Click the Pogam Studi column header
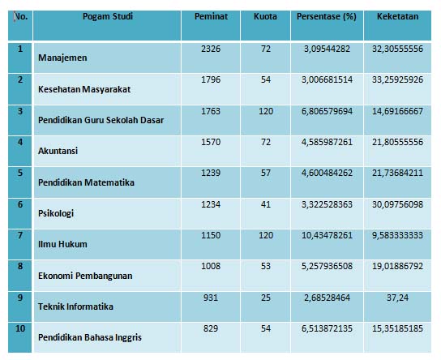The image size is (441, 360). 108,17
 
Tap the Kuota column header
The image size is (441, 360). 264,17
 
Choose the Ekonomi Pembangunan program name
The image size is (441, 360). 88,276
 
